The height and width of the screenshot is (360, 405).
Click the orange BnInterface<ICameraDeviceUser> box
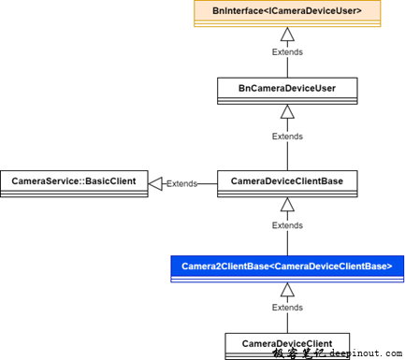click(287, 12)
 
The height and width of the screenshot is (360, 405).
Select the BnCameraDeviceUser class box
click(287, 89)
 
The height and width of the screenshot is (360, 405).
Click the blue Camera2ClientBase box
click(287, 267)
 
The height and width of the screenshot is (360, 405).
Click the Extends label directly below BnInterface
click(287, 51)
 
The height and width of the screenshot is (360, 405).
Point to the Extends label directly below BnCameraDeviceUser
click(287, 136)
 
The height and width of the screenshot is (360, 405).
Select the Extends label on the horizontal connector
click(181, 183)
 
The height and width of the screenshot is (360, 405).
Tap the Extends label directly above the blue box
click(287, 225)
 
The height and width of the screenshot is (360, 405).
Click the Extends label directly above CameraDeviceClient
click(287, 307)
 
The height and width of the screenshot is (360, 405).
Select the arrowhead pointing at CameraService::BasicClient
click(156, 183)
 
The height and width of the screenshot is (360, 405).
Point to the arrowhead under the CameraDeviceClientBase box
click(287, 204)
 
